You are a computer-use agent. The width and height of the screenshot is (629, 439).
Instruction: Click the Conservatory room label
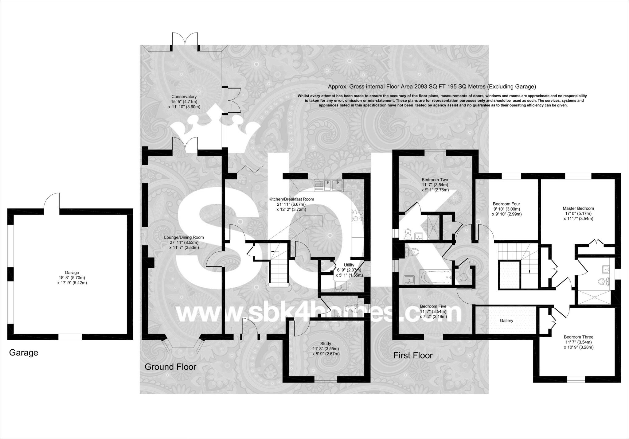click(184, 97)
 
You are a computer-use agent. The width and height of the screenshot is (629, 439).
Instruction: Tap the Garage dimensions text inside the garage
click(72, 280)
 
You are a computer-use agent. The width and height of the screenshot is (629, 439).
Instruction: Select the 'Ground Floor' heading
click(170, 367)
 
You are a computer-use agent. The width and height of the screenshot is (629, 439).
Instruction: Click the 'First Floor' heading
click(413, 355)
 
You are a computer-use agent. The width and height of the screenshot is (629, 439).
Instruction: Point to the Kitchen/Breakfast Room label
click(291, 199)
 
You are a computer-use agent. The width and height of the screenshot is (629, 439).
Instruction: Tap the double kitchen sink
click(328, 185)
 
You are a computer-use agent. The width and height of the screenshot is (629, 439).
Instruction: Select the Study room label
click(325, 344)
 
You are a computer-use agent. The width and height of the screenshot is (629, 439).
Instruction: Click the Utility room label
click(349, 265)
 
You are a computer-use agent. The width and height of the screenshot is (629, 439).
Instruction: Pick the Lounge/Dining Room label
click(184, 237)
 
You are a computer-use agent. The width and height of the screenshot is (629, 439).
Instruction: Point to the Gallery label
click(506, 321)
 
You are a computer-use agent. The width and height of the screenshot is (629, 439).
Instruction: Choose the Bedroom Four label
click(506, 204)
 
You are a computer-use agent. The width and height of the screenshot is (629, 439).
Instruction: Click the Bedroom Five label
click(433, 306)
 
